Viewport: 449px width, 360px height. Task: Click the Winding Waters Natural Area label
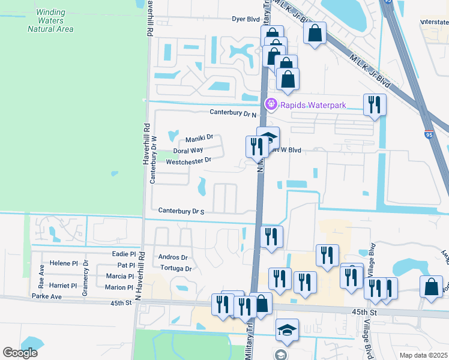click(54, 20)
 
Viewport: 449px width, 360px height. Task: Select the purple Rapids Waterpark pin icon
click(271, 104)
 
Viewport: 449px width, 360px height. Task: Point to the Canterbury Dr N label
click(233, 112)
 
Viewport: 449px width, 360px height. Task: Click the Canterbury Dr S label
click(181, 211)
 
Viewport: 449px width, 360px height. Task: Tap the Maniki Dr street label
click(199, 138)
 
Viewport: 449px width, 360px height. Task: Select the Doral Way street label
click(188, 151)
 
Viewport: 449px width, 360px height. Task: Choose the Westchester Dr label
click(188, 161)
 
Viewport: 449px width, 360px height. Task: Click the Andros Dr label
click(173, 257)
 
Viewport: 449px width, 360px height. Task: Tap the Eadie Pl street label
click(124, 254)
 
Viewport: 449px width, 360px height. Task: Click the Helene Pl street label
click(64, 263)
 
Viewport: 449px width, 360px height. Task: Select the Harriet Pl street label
click(64, 286)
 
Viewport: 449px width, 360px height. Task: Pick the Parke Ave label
click(47, 296)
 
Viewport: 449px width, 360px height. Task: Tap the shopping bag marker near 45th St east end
click(432, 286)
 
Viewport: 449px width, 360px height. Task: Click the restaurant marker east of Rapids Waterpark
click(375, 104)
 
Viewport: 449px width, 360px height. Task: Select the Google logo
click(20, 353)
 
